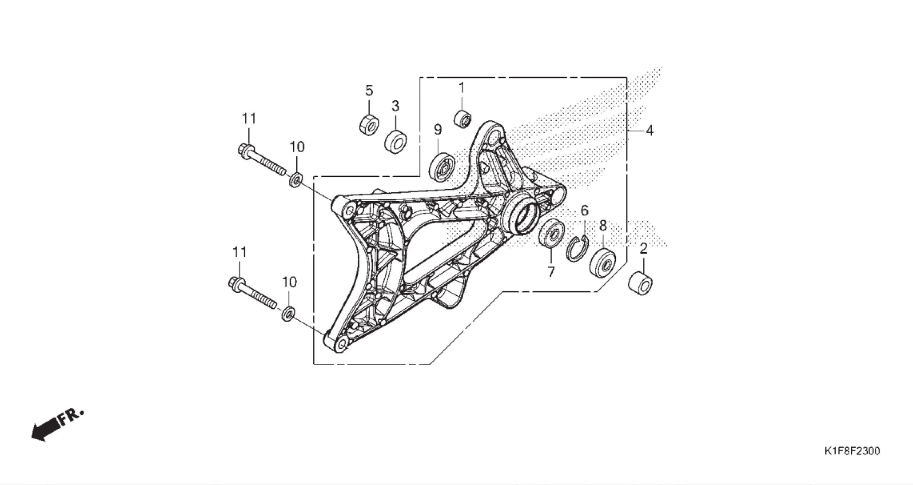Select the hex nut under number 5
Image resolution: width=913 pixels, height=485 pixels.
coord(369,124)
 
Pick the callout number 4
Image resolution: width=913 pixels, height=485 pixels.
coord(649,131)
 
